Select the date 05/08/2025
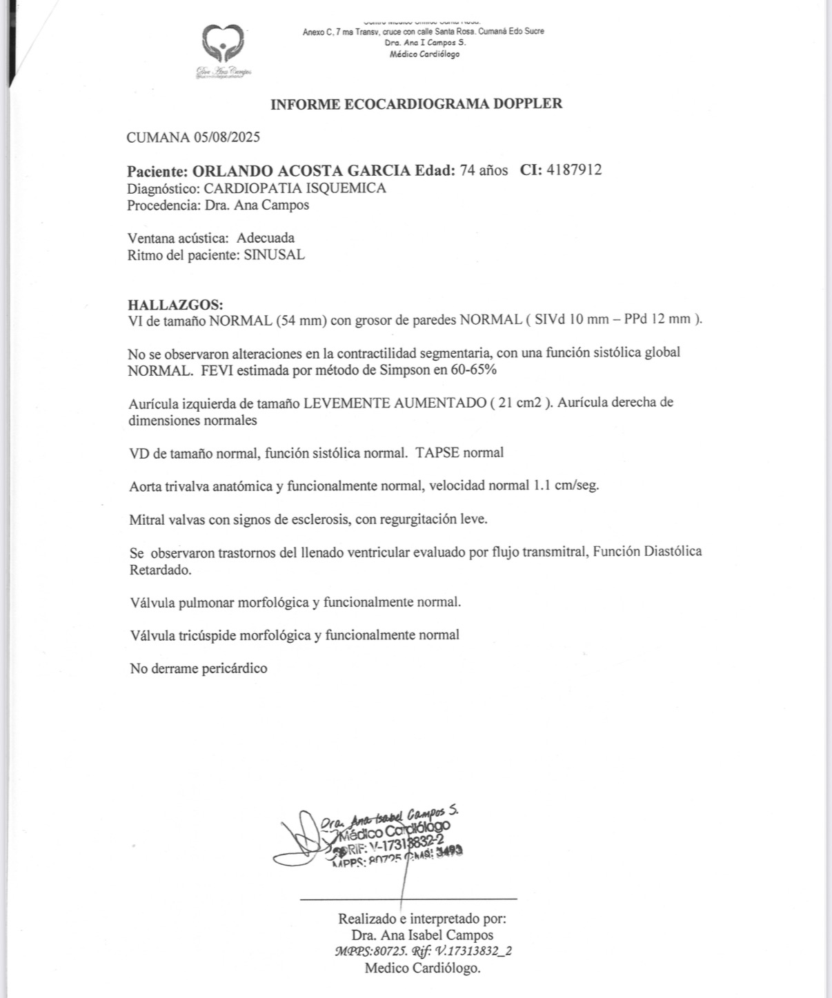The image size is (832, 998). (x=227, y=137)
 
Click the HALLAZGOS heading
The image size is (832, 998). (x=175, y=304)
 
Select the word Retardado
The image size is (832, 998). (x=160, y=570)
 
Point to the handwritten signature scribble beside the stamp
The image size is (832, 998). (x=301, y=841)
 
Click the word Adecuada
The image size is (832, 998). (x=266, y=238)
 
